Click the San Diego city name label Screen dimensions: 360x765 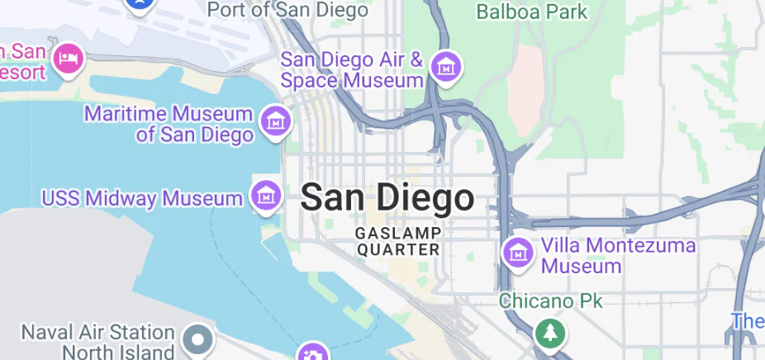click(387, 198)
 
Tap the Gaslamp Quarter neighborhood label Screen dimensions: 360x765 click(398, 240)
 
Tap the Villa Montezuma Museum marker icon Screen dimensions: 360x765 click(518, 252)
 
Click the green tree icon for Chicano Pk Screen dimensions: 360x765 click(549, 334)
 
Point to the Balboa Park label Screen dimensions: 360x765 click(533, 12)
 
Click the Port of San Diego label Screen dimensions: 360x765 click(287, 10)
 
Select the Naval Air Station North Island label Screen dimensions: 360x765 click(97, 341)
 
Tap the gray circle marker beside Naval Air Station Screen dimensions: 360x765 click(198, 339)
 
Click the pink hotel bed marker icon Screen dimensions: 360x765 click(68, 58)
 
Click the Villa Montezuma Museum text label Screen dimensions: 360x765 click(618, 255)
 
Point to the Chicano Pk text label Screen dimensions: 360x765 click(551, 301)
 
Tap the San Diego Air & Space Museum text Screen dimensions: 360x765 click(352, 70)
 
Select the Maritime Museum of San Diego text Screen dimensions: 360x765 click(169, 124)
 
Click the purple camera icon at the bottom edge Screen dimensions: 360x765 click(312, 354)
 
